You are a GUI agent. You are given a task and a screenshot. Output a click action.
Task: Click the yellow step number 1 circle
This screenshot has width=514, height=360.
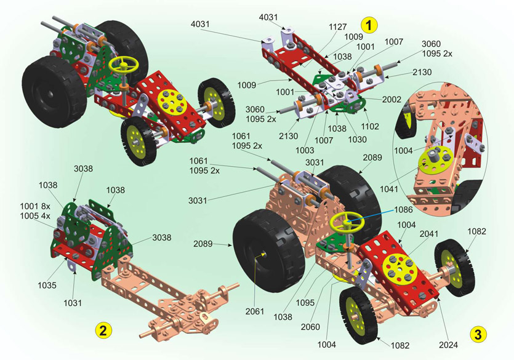pyautogui.click(x=369, y=25)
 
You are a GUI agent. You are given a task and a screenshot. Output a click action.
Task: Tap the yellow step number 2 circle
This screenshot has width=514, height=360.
pyautogui.click(x=103, y=330)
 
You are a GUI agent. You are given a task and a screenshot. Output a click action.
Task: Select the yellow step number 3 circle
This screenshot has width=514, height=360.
pyautogui.click(x=478, y=334)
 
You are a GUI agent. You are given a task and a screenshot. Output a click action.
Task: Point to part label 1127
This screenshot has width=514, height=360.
pyautogui.click(x=338, y=27)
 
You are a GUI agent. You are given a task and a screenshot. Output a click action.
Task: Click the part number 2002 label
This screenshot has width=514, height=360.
pyautogui.click(x=392, y=99)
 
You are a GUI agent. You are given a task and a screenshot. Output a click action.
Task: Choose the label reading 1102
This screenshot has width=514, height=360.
pyautogui.click(x=370, y=126)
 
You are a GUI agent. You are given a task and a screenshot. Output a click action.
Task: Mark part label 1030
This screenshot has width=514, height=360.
pyautogui.click(x=357, y=139)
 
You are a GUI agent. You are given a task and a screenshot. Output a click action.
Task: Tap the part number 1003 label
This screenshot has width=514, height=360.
pyautogui.click(x=305, y=150)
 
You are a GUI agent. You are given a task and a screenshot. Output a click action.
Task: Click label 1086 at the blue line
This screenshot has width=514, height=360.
pyautogui.click(x=403, y=210)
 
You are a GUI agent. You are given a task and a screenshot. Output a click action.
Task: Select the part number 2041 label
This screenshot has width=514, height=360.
pyautogui.click(x=429, y=234)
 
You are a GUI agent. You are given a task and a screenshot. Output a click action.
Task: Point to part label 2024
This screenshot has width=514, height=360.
pyautogui.click(x=448, y=345)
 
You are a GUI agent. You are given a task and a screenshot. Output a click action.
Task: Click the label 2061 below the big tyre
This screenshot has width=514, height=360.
pyautogui.click(x=255, y=311)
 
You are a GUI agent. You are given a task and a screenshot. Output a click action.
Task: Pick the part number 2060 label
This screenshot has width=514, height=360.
pyautogui.click(x=310, y=327)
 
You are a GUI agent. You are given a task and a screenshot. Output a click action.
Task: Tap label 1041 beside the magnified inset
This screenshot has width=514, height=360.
pyautogui.click(x=389, y=189)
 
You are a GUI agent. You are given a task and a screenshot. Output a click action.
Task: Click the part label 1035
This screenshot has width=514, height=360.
pyautogui.click(x=47, y=285)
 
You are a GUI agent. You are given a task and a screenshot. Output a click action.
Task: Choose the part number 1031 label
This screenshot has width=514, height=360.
pyautogui.click(x=73, y=303)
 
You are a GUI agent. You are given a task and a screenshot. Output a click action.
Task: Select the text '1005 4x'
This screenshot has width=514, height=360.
pyautogui.click(x=35, y=216)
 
